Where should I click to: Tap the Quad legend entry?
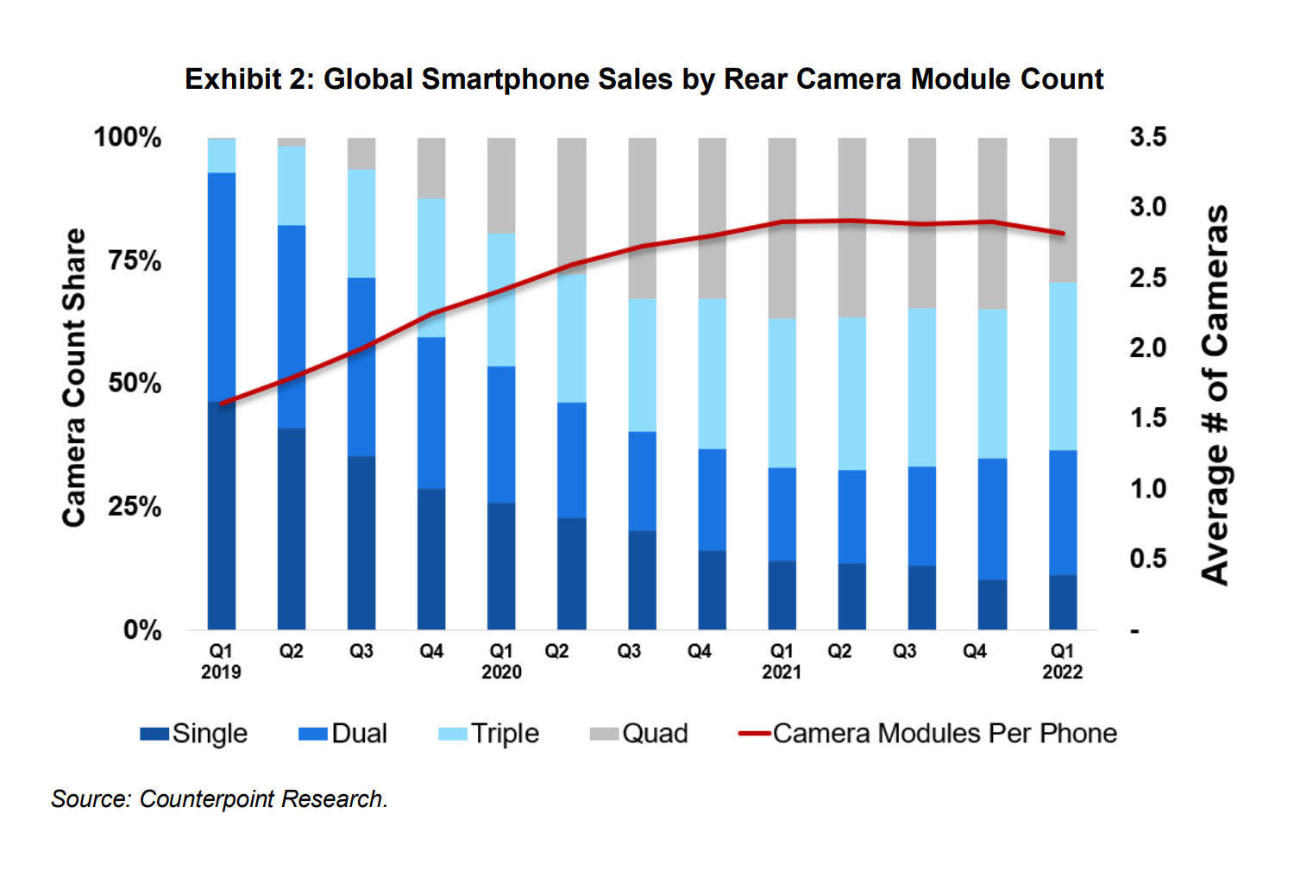(x=639, y=734)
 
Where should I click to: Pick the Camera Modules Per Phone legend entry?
(x=928, y=734)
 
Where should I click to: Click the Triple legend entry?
(x=489, y=734)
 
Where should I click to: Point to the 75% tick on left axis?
(x=134, y=260)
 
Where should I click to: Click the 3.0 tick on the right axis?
(x=1147, y=207)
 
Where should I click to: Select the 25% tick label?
(x=134, y=506)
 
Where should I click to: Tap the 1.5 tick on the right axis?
(x=1147, y=418)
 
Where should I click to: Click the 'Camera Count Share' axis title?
(x=75, y=378)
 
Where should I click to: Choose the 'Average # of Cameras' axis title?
(x=1215, y=395)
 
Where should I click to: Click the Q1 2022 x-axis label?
(x=1062, y=661)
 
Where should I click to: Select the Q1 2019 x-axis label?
(x=221, y=661)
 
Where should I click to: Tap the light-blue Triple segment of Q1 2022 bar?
(x=1063, y=366)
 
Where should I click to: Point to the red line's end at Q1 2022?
(x=1063, y=234)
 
